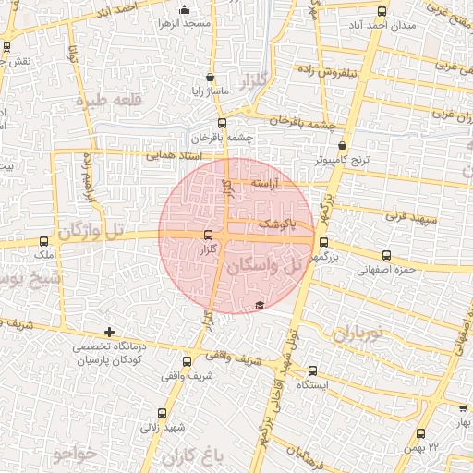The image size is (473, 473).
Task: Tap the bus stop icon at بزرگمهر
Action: tap(322, 243)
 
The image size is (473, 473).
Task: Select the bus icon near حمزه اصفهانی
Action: tap(385, 256)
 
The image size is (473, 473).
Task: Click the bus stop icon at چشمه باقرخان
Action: tap(221, 123)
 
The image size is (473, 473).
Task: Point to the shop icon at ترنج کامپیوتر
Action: tap(343, 145)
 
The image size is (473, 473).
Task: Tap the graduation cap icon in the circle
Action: tap(260, 306)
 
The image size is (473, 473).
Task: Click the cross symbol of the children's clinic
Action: tap(110, 331)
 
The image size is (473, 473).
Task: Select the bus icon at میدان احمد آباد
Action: tap(382, 11)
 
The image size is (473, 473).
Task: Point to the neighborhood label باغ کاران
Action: tap(192, 456)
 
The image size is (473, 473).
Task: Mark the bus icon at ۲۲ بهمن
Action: tap(421, 433)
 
